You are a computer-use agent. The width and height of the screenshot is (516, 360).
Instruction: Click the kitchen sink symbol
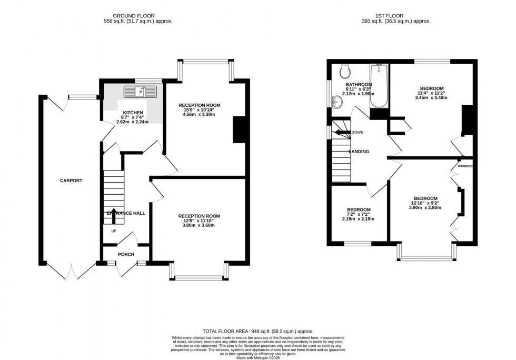pos(141,92)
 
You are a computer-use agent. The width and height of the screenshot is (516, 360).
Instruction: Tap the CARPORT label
pos(71,181)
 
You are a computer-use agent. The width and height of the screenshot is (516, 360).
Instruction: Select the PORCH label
pos(126,254)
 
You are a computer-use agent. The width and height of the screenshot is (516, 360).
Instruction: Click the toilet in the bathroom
pos(345,71)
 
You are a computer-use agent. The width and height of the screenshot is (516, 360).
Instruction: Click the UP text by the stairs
pos(113,231)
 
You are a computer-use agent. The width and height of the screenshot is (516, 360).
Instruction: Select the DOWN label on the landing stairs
pos(357,133)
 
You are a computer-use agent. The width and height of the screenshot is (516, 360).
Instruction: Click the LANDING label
pos(359,152)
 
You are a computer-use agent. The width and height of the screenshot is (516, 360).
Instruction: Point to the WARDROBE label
pos(465,166)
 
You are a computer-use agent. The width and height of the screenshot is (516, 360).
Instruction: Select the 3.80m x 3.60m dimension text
pos(199,225)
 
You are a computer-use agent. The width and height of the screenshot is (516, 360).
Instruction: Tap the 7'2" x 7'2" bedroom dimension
pos(358,214)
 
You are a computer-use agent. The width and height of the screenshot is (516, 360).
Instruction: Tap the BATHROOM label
pos(359,84)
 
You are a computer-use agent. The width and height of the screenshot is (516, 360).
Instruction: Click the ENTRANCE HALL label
pos(126,213)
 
